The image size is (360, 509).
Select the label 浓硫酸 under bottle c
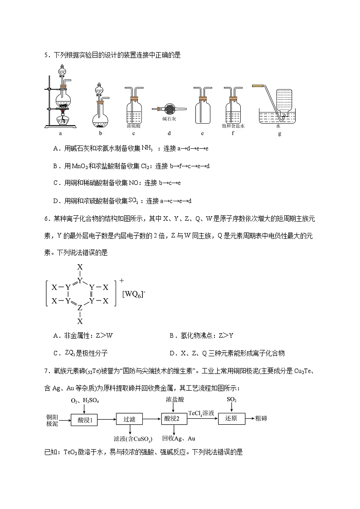[x=134, y=126]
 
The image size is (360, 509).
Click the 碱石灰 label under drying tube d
[x=169, y=120]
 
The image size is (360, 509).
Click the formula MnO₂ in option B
[x=80, y=166]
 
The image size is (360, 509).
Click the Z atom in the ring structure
[x=80, y=308]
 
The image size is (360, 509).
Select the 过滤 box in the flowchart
[x=129, y=419]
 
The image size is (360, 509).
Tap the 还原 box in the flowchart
[x=231, y=419]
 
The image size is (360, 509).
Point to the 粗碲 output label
[x=261, y=418]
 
